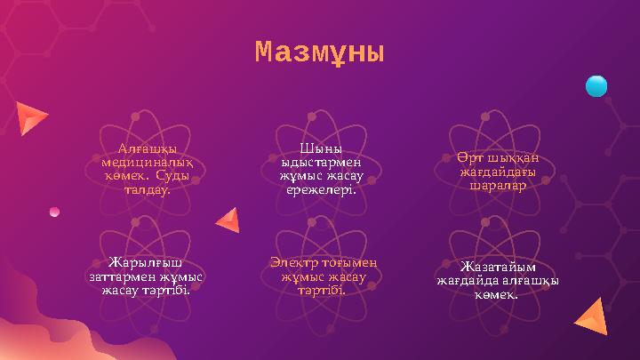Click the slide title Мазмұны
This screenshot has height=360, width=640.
tap(319, 53)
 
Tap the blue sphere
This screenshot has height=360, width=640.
tap(596, 86)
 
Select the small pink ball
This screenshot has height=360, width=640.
tap(54, 212)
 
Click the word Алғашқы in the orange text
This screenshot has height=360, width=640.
tap(147, 148)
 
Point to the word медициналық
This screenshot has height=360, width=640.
tap(147, 163)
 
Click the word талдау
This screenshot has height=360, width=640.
tap(147, 189)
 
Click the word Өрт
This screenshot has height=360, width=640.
tap(468, 157)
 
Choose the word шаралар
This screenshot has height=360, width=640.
tap(498, 186)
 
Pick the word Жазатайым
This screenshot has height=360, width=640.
tap(498, 267)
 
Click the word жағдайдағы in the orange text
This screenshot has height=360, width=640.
tap(498, 172)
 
